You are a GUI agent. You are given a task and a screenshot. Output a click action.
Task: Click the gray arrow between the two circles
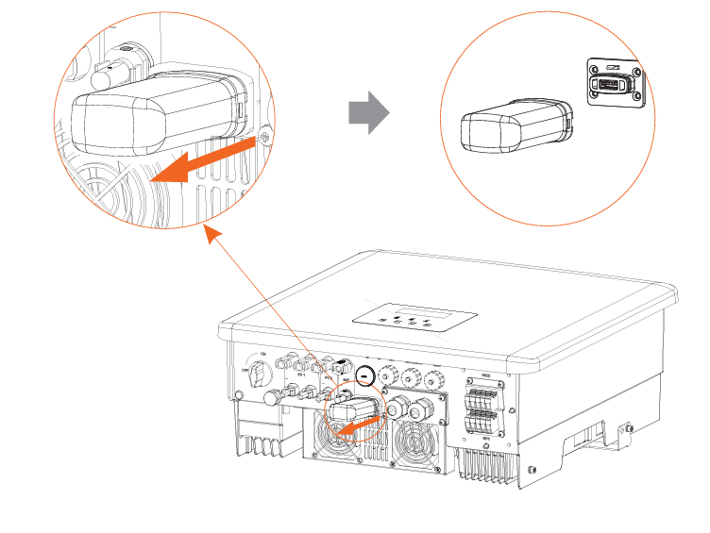point(368,113)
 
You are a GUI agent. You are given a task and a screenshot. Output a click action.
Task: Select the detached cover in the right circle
point(516,126)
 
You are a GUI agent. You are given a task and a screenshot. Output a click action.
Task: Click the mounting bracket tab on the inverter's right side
point(622,434)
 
